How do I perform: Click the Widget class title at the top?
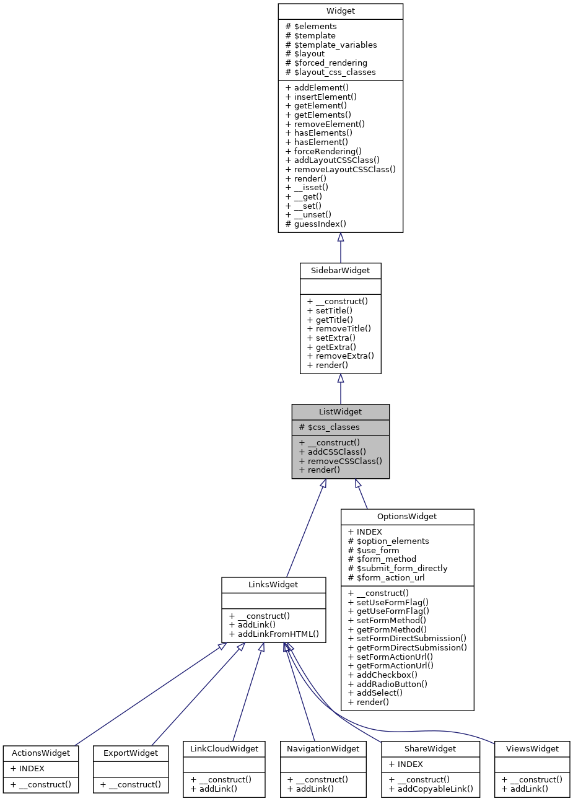coord(340,11)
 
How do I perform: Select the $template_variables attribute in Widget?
coord(331,45)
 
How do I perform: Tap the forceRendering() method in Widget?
coord(323,151)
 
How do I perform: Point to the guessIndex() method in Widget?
coord(315,224)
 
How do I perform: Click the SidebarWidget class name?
coord(340,271)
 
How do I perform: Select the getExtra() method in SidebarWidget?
coord(331,347)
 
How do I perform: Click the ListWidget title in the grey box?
coord(340,412)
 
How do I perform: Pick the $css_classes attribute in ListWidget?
coord(329,427)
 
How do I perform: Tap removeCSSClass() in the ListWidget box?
coord(340,461)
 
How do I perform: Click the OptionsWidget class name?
coord(407,517)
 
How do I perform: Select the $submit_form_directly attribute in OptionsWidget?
coord(398,568)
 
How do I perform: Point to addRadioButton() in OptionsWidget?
coord(388,684)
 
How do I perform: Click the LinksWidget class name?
coord(273,585)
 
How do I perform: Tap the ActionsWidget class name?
coord(41,753)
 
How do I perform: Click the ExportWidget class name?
coord(131,753)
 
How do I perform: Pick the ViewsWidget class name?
coord(532,749)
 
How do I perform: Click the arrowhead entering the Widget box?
coord(340,238)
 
